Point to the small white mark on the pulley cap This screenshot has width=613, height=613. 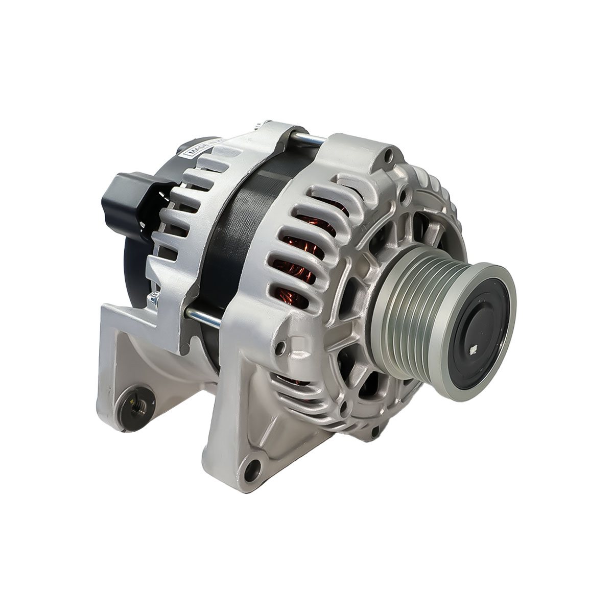point(473,350)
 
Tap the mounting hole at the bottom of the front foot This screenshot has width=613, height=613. point(252,467)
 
